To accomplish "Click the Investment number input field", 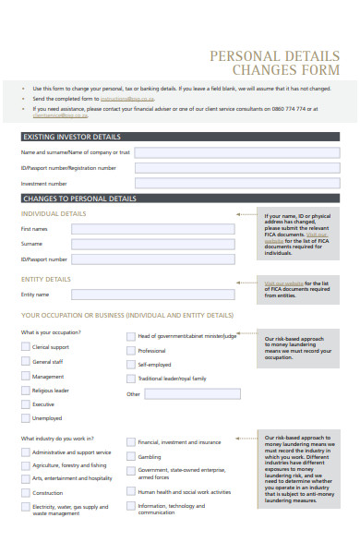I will [237, 184].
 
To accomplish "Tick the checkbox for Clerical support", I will [25, 347].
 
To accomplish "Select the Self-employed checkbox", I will [130, 365].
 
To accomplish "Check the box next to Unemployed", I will [25, 418].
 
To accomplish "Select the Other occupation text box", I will [192, 393].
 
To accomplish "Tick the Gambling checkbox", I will [130, 456].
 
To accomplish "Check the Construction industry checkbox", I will [25, 493].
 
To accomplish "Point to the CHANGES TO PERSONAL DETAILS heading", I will [79, 199].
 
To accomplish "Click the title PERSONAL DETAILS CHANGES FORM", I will [282, 63].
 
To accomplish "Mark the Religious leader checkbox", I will [25, 391].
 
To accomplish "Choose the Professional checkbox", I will [130, 351].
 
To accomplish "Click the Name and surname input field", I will [237, 151].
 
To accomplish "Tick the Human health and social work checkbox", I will [130, 492].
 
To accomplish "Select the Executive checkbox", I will [25, 404].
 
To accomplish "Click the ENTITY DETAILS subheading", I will [46, 279].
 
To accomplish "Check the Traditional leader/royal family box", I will [130, 379].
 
